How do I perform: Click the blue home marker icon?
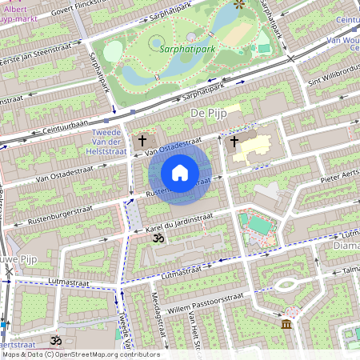point(180,173)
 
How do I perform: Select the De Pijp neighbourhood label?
point(210,114)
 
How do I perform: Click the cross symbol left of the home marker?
point(142,141)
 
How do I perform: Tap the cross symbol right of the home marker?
point(234,142)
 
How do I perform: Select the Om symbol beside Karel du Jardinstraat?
point(158,238)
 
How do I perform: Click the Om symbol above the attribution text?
point(55,341)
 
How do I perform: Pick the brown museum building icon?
point(286,324)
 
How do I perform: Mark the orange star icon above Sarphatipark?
point(238,4)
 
